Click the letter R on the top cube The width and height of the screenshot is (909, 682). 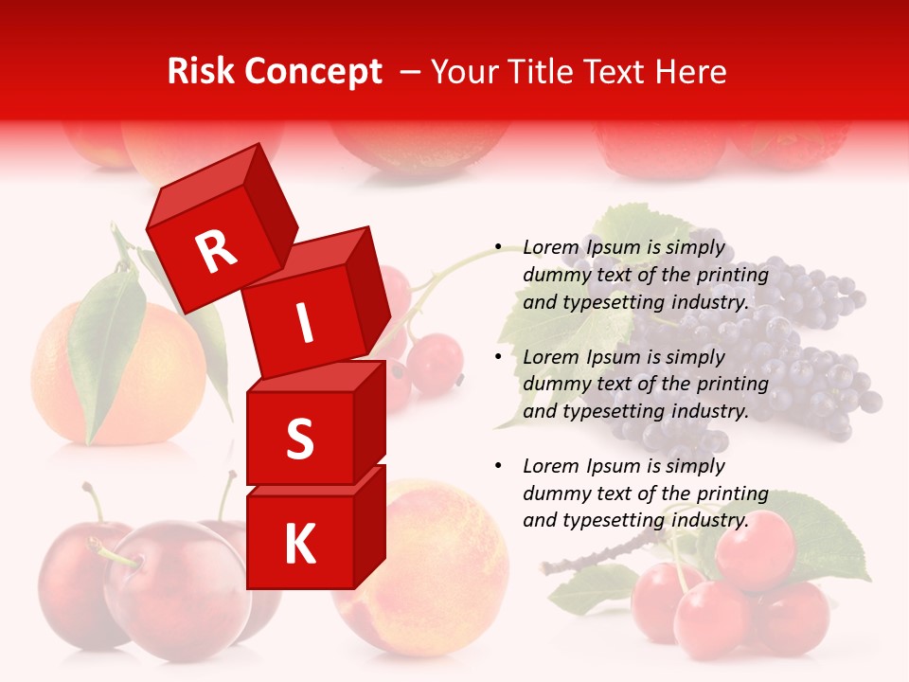pyautogui.click(x=216, y=251)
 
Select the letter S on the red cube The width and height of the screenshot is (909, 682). pyautogui.click(x=299, y=439)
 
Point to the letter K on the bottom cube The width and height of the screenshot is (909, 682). pyautogui.click(x=299, y=545)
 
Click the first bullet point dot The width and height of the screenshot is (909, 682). pyautogui.click(x=498, y=248)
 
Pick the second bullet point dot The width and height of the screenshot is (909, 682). pyautogui.click(x=498, y=357)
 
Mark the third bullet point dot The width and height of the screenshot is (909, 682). pyautogui.click(x=498, y=466)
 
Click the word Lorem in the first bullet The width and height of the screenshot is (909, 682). pyautogui.click(x=550, y=248)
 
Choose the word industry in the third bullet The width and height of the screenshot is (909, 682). pyautogui.click(x=709, y=520)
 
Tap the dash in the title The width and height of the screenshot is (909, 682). pyautogui.click(x=411, y=73)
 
